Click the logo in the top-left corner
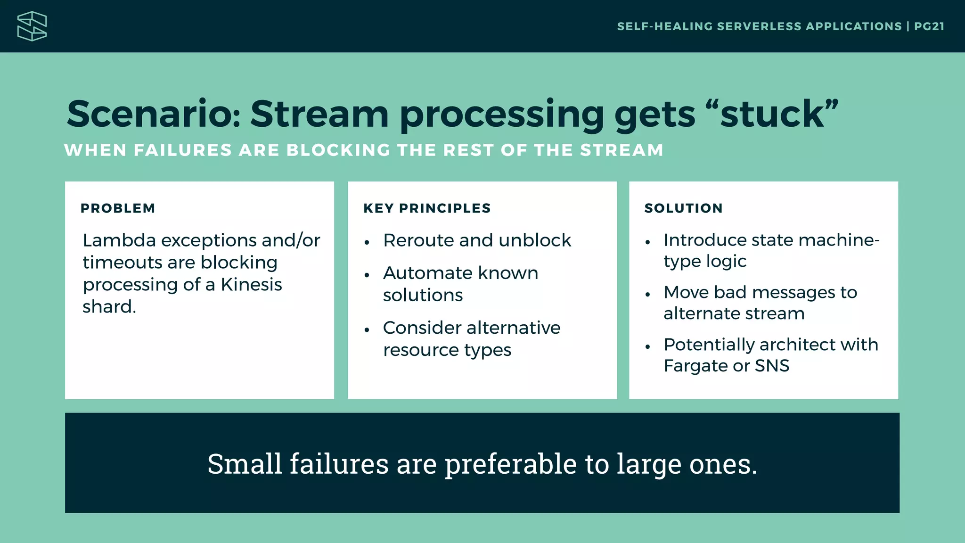(32, 26)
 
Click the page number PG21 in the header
(929, 26)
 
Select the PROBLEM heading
(118, 208)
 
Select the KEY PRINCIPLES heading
(427, 208)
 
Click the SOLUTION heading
(683, 208)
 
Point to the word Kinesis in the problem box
(251, 285)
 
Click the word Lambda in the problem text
(119, 240)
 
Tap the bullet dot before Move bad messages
(647, 295)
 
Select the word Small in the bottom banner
(244, 464)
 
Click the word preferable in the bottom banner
(510, 464)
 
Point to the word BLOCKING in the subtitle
(338, 150)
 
